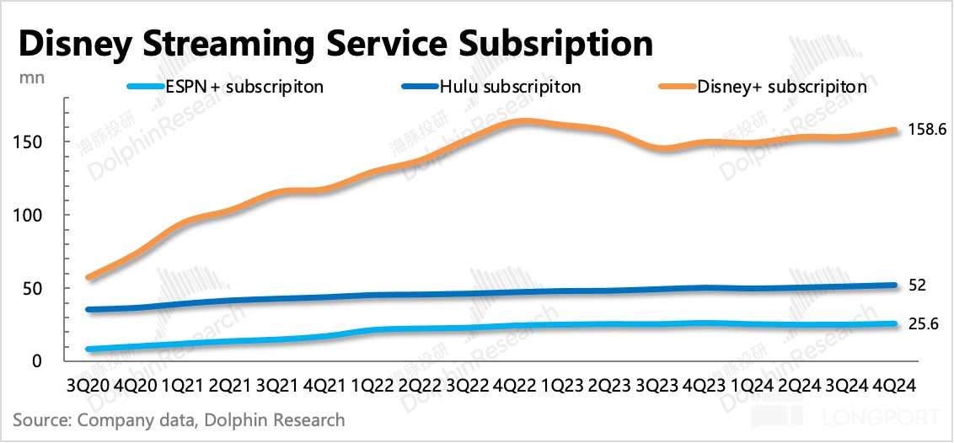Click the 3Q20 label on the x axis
[87, 384]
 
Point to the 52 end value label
[918, 286]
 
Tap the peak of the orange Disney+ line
[523, 121]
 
